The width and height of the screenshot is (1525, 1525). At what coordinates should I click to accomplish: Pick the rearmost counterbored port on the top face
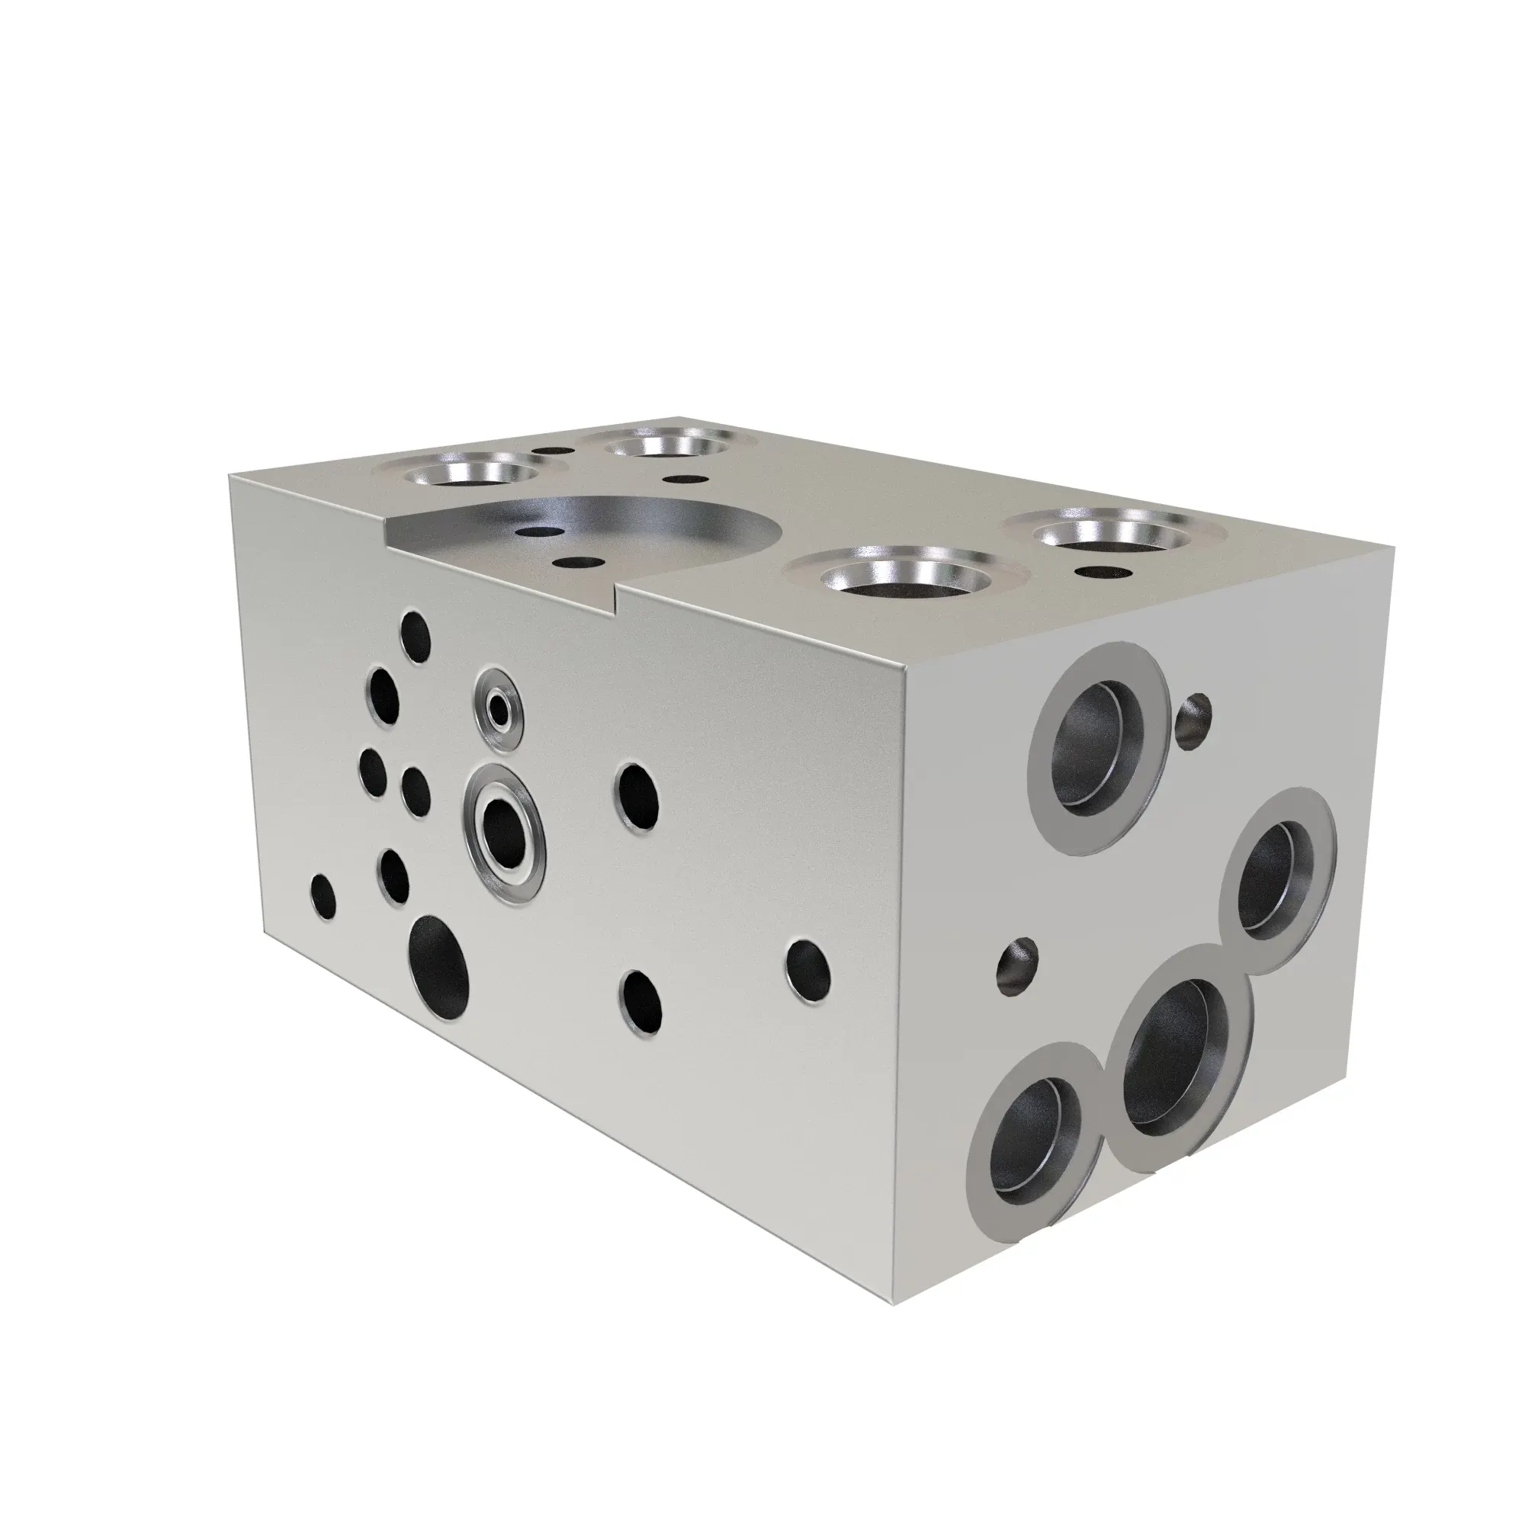click(x=669, y=445)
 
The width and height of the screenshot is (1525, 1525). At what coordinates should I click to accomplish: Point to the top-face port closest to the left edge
click(x=471, y=474)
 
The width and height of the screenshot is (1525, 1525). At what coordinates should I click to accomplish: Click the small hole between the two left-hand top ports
click(x=554, y=451)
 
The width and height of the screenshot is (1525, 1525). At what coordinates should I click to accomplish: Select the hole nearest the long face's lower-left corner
click(x=322, y=898)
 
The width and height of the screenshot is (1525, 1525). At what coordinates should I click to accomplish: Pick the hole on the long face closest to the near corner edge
click(x=809, y=967)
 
